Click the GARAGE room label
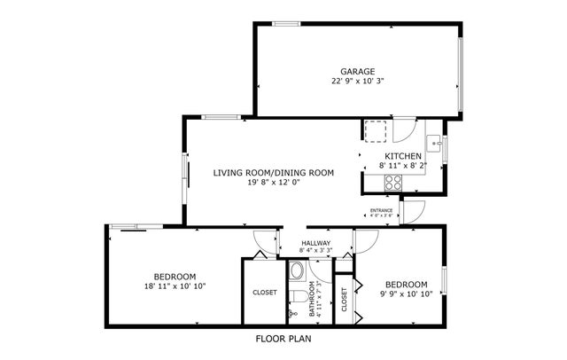click(x=358, y=72)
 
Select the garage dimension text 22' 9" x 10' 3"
click(x=358, y=82)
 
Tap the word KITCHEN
click(x=401, y=156)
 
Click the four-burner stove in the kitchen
click(x=393, y=182)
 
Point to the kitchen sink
click(x=435, y=141)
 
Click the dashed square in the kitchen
click(x=376, y=130)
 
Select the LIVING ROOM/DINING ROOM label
click(x=273, y=172)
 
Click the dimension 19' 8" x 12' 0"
click(x=273, y=183)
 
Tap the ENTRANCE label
click(x=381, y=210)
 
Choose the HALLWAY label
click(x=315, y=243)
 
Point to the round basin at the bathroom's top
click(x=298, y=270)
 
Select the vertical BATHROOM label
click(x=312, y=301)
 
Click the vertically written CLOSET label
click(x=344, y=301)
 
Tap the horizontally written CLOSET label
click(x=264, y=292)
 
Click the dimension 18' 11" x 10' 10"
click(x=175, y=286)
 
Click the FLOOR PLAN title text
click(x=283, y=338)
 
